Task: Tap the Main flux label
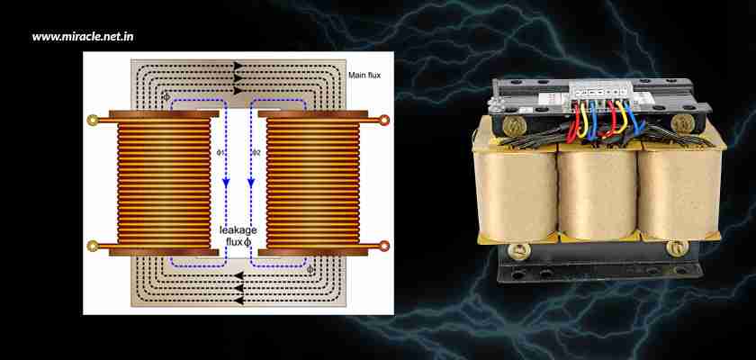coord(366,76)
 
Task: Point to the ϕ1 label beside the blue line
coord(220,153)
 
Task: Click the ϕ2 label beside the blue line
coord(256,153)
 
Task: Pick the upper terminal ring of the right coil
coord(385,119)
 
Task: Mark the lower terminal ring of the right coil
coord(385,246)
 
